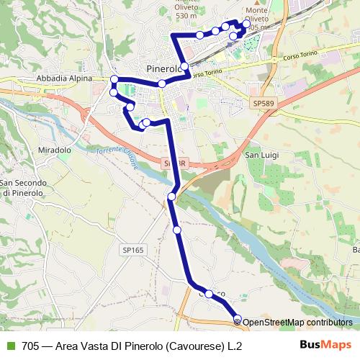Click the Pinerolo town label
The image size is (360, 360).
[x=161, y=68]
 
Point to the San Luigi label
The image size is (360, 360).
[x=263, y=154]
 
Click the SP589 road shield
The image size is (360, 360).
[x=264, y=104]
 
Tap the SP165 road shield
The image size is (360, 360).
[x=132, y=249]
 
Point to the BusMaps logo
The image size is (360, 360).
[x=326, y=345]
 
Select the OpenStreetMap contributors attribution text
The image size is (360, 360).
[x=297, y=323]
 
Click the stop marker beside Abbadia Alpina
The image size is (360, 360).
[x=114, y=79]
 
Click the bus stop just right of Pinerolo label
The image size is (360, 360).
[x=185, y=67]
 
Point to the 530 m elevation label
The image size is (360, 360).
[x=185, y=16]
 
